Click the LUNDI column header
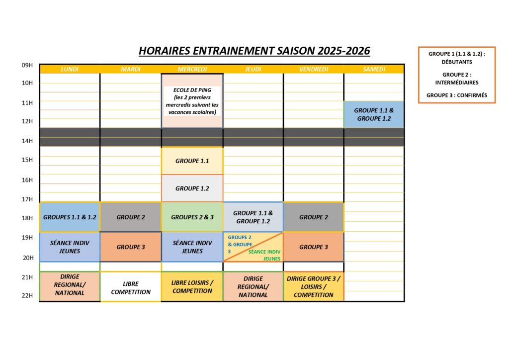pyautogui.click(x=70, y=69)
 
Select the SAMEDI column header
pyautogui.click(x=374, y=69)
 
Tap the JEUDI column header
pyautogui.click(x=253, y=69)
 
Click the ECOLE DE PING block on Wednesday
pyautogui.click(x=192, y=101)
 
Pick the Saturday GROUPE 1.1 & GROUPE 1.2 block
pyautogui.click(x=374, y=114)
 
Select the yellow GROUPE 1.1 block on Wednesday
pyautogui.click(x=192, y=161)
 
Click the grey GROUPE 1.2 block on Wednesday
pyautogui.click(x=192, y=188)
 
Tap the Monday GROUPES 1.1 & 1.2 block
pyautogui.click(x=70, y=217)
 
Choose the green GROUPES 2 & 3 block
pyautogui.click(x=192, y=217)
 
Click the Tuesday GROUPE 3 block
pyautogui.click(x=130, y=247)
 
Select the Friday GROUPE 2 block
pyautogui.click(x=314, y=217)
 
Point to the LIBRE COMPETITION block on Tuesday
pyautogui.click(x=130, y=288)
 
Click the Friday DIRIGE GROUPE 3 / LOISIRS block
pyautogui.click(x=314, y=287)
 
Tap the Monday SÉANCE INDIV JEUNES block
pyautogui.click(x=70, y=247)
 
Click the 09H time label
pyautogui.click(x=27, y=65)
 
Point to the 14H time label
pyautogui.click(x=27, y=141)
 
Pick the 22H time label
pyautogui.click(x=27, y=296)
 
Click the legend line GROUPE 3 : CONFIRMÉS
pyautogui.click(x=457, y=95)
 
